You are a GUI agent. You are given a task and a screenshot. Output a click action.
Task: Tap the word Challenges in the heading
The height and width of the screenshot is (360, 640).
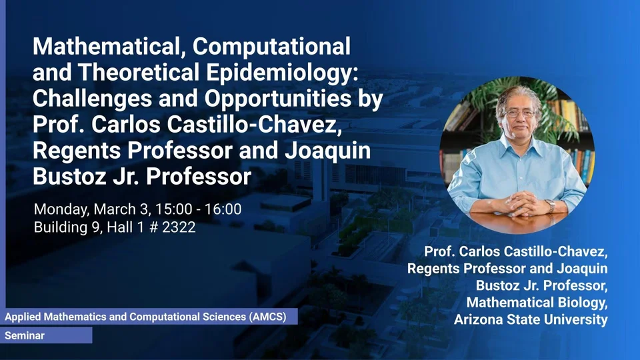coord(92,99)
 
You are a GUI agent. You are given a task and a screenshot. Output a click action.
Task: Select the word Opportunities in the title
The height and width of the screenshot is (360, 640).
coord(277,99)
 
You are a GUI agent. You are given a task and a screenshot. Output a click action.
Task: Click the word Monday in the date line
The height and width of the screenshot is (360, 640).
coord(61,209)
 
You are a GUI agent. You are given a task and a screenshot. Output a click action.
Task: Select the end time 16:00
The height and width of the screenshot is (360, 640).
coord(223,209)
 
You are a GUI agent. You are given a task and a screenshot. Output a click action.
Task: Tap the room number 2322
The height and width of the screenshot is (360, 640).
coord(179,227)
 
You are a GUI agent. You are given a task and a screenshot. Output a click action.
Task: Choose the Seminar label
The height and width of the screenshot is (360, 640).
coord(25,335)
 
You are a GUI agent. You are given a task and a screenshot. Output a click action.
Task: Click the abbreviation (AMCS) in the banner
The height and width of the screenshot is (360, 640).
coord(267,317)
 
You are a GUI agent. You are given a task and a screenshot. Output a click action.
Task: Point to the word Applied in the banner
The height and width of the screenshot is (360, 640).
coord(23,317)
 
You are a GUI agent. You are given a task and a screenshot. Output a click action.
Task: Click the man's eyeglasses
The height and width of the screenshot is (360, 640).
coord(519,113)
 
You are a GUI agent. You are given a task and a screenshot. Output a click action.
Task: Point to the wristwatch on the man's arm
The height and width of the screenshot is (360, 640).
coord(551,206)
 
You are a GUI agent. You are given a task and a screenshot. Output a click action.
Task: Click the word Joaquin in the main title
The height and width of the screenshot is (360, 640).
coord(328,151)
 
